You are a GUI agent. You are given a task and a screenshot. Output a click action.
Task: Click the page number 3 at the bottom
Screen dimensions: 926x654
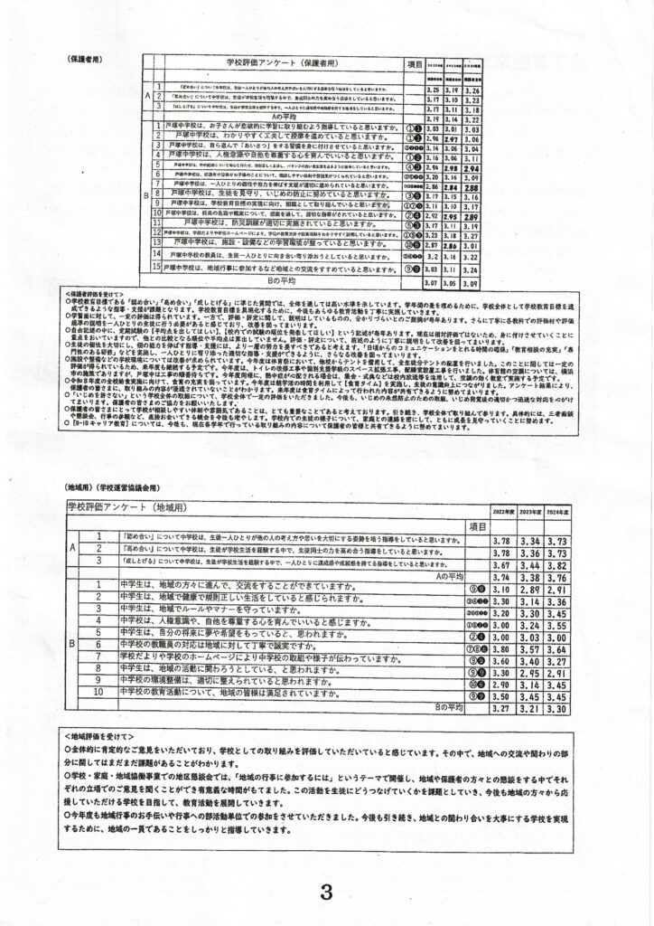[326, 892]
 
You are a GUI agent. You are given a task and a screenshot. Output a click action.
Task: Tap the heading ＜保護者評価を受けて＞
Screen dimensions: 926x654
[100, 295]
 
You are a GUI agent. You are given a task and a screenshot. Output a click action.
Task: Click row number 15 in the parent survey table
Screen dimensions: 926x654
[156, 268]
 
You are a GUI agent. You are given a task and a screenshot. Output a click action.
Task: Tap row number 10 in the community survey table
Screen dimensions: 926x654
[98, 695]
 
